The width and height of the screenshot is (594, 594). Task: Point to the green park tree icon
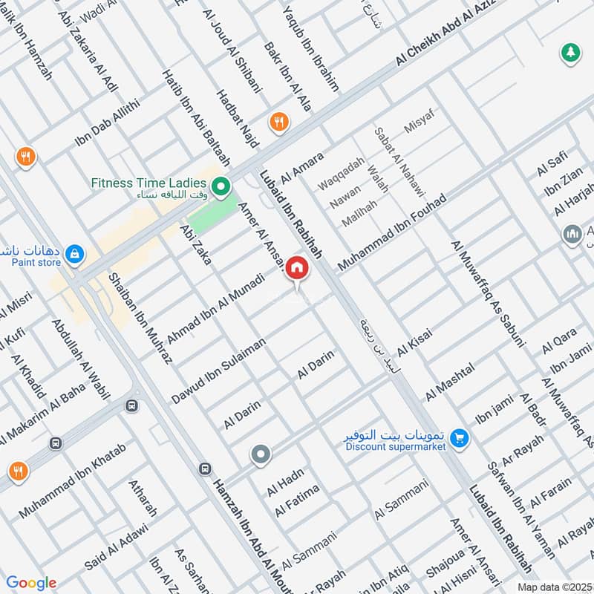click(x=570, y=53)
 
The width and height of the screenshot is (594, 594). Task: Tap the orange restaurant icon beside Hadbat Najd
click(x=279, y=123)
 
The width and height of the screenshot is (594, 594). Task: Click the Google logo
click(x=31, y=583)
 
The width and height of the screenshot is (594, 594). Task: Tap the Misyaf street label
click(x=418, y=120)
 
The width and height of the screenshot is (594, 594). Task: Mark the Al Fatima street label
click(x=297, y=500)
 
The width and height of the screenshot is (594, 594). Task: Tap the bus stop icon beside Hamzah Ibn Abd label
click(x=204, y=469)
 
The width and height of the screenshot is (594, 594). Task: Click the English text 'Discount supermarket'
click(x=395, y=447)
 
